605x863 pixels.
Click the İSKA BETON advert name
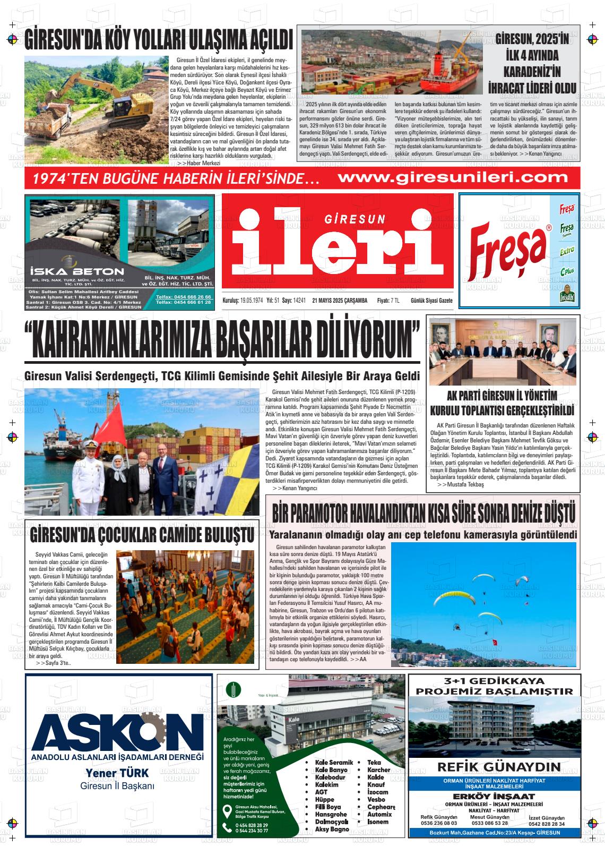70,269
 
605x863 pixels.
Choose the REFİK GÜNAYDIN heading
499,766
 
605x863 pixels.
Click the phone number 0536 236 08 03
438,823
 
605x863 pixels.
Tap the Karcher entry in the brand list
378,770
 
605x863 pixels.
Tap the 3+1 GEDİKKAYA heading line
495,681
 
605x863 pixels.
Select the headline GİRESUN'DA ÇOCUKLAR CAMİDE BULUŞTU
142,535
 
